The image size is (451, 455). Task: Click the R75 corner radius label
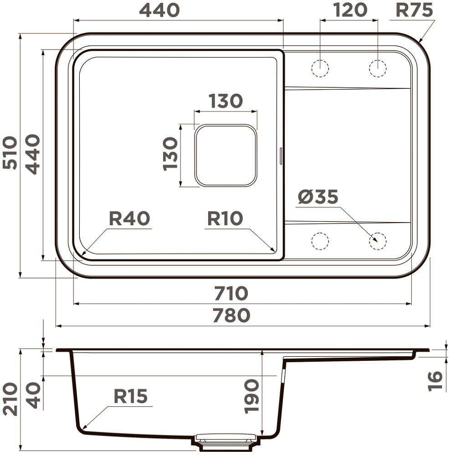414,10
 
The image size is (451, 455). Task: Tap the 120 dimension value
349,10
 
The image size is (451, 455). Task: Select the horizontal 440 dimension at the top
159,10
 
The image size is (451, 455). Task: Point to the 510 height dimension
10,153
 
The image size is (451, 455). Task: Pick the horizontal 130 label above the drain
225,101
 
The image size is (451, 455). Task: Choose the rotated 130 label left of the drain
170,154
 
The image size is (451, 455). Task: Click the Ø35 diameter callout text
318,197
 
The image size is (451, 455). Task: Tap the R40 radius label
129,219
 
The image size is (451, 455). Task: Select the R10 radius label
225,219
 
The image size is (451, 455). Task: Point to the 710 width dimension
231,293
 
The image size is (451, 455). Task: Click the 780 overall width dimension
231,315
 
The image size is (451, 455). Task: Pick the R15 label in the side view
131,396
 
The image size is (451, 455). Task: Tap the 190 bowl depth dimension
251,396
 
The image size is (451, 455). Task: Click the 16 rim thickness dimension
436,380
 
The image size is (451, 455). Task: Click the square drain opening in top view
226,155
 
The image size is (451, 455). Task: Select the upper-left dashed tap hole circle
320,68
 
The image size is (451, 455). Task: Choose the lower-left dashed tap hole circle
320,241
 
